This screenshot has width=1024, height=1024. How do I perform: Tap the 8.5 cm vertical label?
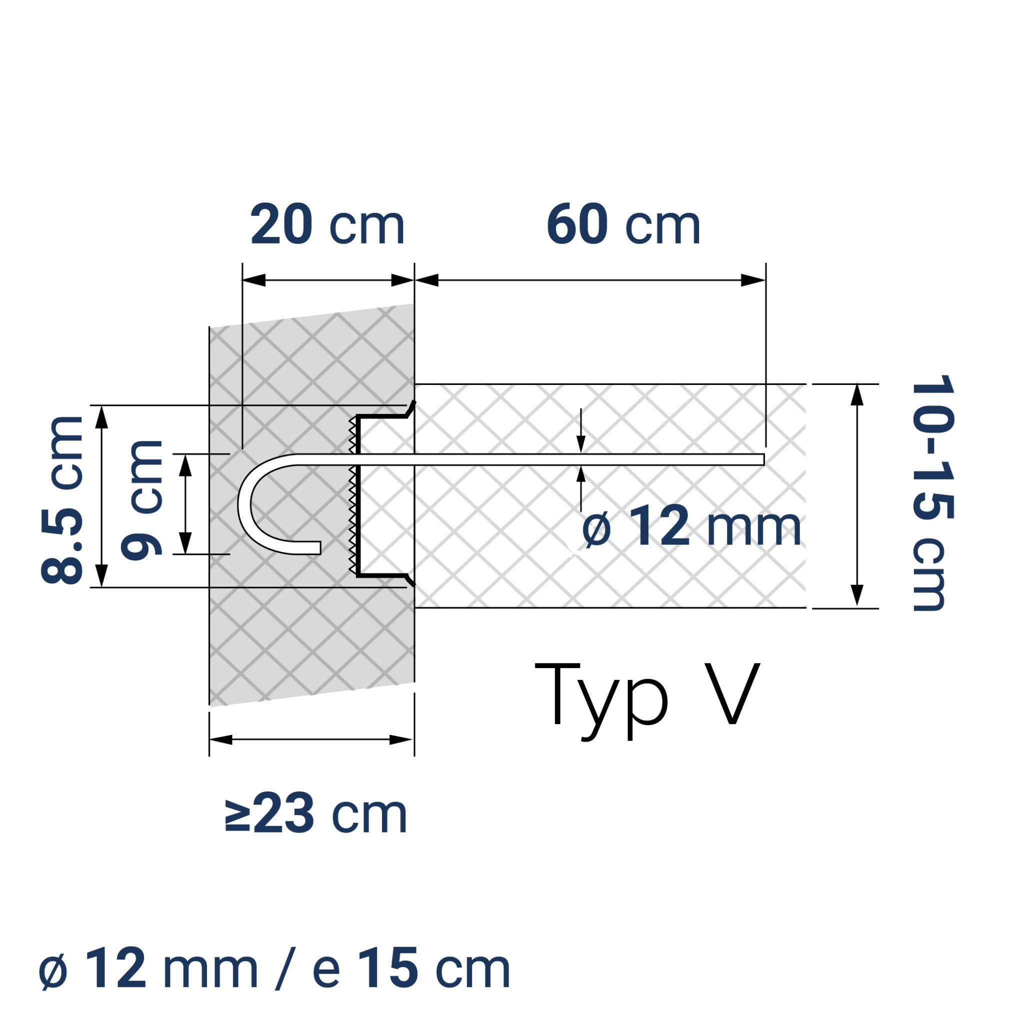(62, 500)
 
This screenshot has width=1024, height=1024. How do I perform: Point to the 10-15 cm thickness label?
(932, 493)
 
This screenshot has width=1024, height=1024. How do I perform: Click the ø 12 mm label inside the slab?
(690, 527)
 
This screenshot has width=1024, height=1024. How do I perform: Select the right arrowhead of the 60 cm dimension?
(753, 280)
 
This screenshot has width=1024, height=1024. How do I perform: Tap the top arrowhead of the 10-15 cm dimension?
(857, 395)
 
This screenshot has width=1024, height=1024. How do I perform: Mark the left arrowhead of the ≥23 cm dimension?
(221, 740)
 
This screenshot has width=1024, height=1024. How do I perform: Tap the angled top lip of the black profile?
(411, 408)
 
